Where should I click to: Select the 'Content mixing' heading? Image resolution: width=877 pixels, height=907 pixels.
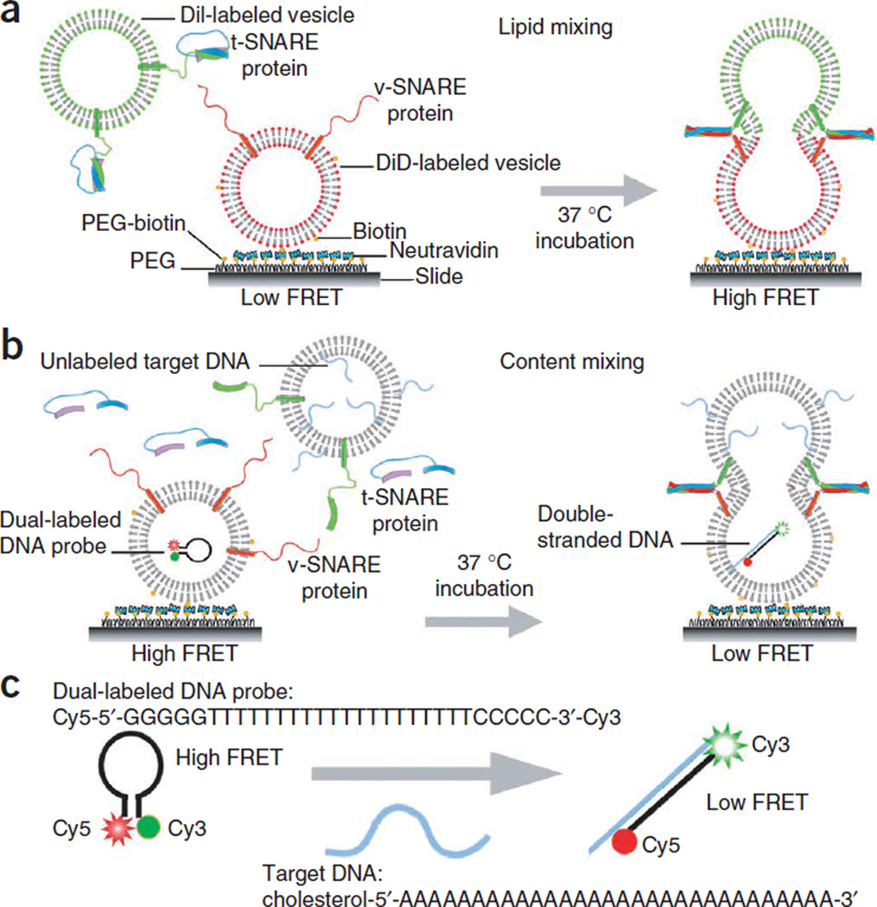tap(573, 360)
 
